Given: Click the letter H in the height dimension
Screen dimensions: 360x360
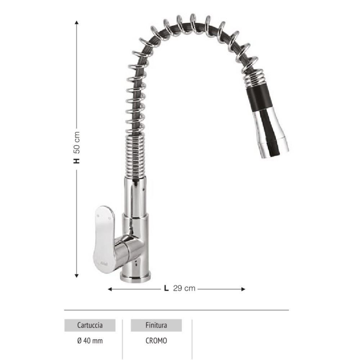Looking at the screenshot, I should [77, 161].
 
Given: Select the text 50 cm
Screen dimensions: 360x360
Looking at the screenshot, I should [77, 142].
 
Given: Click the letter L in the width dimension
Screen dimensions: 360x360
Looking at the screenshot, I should [166, 288].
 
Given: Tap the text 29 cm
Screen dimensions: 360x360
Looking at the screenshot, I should [184, 288].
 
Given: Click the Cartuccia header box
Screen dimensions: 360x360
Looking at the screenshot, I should [90, 325].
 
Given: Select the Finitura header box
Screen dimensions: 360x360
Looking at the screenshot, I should [156, 325].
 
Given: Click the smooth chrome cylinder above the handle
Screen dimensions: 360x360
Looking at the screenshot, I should [135, 194].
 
